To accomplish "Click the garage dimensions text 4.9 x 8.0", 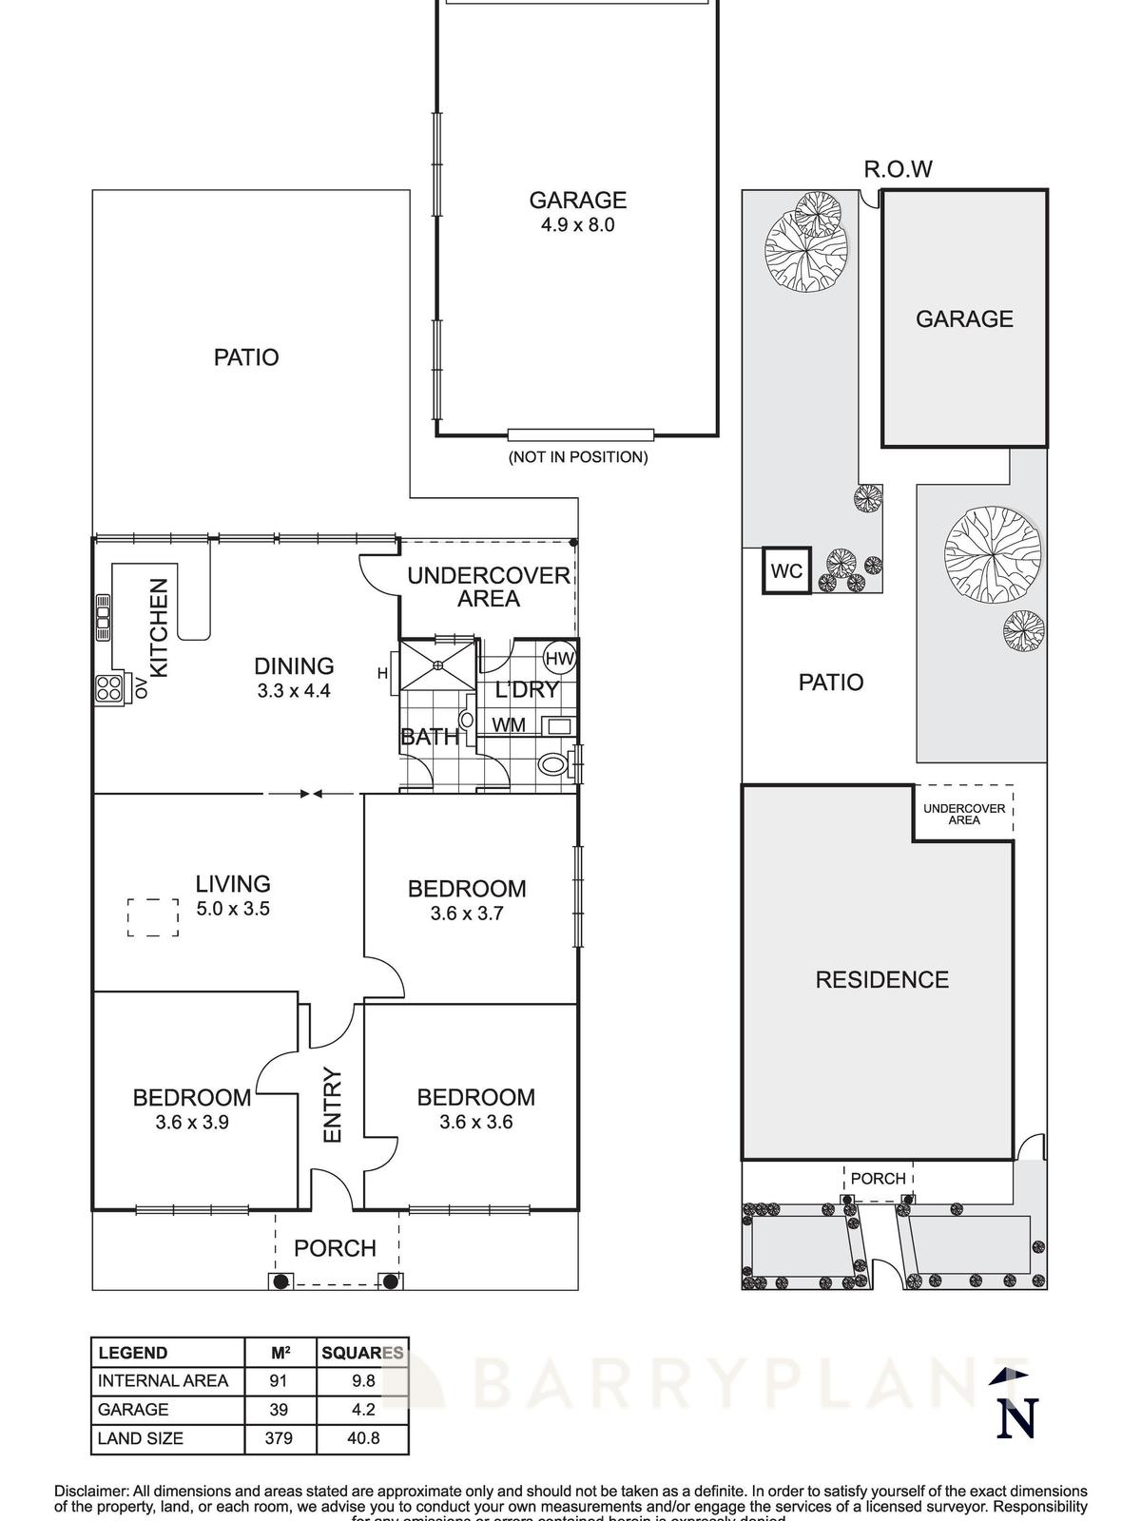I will click(x=577, y=225).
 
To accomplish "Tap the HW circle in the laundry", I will click(x=560, y=658).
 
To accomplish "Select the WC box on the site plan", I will click(x=786, y=571).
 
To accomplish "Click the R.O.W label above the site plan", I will click(x=898, y=169).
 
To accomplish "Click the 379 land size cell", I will click(x=279, y=1438).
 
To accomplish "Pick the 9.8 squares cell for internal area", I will click(x=363, y=1381).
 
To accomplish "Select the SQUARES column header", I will click(x=363, y=1353).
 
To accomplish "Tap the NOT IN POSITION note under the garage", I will click(x=577, y=457).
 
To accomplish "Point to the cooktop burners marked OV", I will click(x=108, y=688).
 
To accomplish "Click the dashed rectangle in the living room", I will click(x=153, y=917).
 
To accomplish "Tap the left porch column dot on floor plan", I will click(x=280, y=1281).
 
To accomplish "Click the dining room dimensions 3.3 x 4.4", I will click(x=294, y=691).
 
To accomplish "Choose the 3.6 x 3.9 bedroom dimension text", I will click(x=192, y=1122).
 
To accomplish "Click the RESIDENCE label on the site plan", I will click(x=881, y=980).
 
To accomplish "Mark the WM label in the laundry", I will click(x=509, y=724).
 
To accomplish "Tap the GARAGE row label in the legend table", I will click(x=133, y=1410).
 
